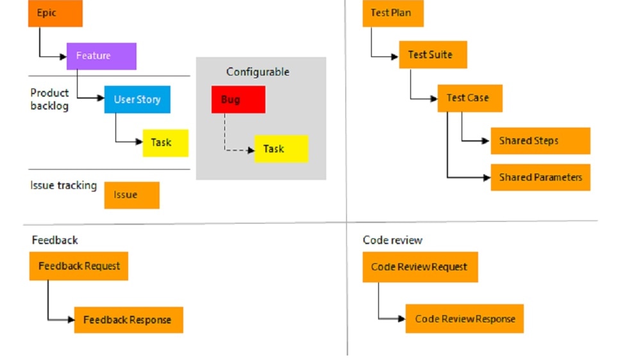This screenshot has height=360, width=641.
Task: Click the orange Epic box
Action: click(55, 13)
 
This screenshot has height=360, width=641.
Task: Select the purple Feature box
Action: click(101, 56)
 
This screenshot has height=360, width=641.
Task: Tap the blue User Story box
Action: click(137, 99)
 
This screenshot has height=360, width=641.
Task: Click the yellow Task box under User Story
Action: click(165, 143)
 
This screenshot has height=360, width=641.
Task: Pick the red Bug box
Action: click(238, 100)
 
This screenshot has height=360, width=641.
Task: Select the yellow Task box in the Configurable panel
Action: click(281, 149)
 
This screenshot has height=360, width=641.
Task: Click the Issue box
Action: click(131, 195)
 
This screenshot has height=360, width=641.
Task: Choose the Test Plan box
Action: click(393, 13)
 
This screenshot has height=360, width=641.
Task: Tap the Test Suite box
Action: click(433, 55)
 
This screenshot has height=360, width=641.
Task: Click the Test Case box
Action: click(470, 98)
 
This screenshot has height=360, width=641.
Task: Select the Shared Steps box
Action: click(540, 141)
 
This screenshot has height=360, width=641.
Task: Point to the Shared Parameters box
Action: click(540, 177)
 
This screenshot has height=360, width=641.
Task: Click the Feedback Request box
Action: click(79, 266)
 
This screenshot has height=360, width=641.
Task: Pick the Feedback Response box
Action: click(128, 320)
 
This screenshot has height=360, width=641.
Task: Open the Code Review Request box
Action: click(420, 267)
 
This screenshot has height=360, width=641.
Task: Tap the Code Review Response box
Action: click(464, 319)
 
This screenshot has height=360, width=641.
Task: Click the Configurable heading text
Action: click(258, 72)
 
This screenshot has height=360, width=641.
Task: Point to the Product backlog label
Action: click(49, 99)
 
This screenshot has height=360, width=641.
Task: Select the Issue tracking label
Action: click(63, 186)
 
